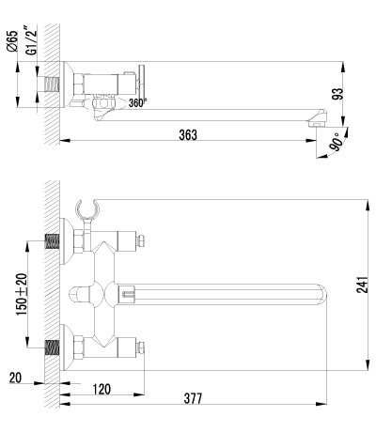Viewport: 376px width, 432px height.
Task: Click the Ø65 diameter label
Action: point(12,41)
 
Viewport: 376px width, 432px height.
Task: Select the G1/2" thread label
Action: point(31,42)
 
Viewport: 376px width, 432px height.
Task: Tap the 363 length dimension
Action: point(188,135)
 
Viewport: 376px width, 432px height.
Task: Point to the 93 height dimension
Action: point(338,94)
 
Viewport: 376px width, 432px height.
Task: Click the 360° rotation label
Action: point(137,102)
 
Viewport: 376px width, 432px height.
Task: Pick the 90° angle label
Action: point(335,142)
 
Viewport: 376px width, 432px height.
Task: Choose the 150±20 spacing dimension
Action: point(23,294)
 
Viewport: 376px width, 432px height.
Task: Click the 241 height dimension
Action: point(362,285)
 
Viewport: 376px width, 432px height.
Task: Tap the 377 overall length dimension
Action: point(193,399)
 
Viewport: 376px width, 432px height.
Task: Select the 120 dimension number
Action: point(102,389)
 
